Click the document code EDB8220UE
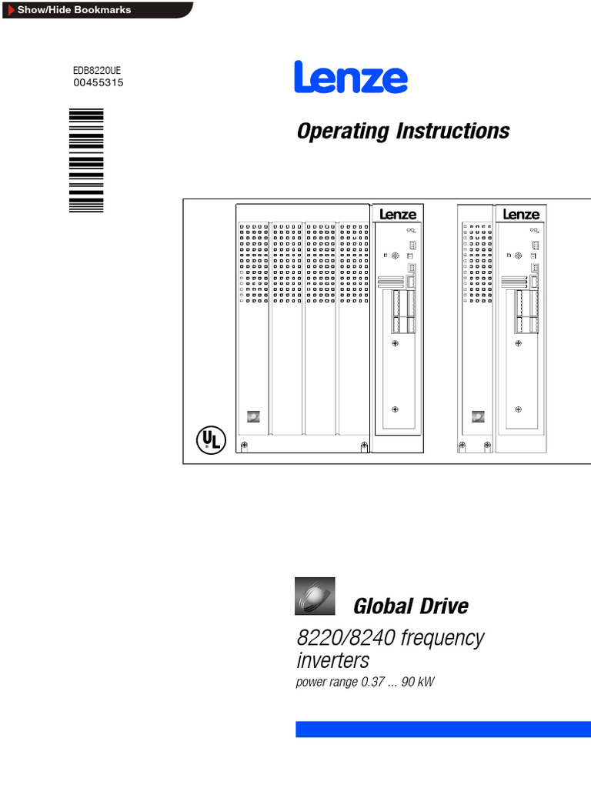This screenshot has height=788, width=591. coord(97,70)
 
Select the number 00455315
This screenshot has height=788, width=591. coord(98,83)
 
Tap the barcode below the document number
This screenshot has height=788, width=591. coord(85,160)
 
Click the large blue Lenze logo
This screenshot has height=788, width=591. coord(351,78)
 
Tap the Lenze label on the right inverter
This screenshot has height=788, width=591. coord(521,215)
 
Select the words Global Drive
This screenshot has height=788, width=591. coord(410,606)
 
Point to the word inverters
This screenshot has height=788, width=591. coord(332,660)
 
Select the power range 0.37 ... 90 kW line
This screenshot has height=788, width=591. coord(366,682)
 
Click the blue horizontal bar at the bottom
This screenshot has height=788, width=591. coord(442,730)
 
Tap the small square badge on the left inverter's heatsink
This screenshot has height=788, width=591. coord(252,416)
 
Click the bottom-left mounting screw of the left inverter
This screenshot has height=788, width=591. coord(245,446)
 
